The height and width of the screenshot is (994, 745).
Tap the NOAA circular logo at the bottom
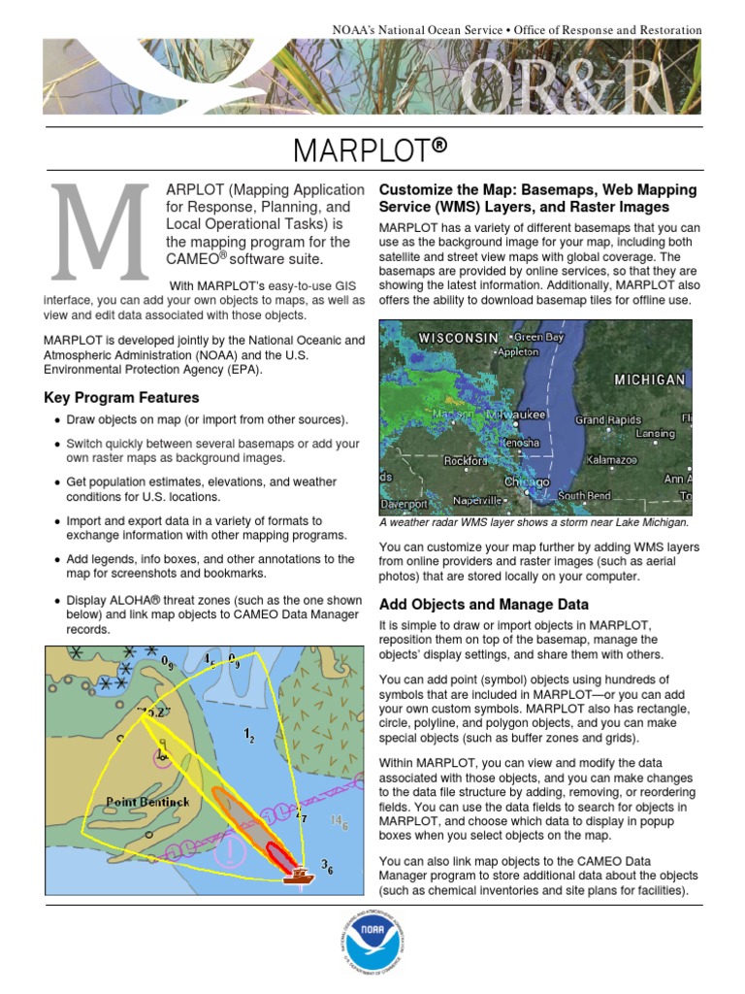[x=372, y=940]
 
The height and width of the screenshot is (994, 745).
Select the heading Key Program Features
[x=122, y=397]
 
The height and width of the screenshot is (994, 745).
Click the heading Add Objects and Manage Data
[x=483, y=604]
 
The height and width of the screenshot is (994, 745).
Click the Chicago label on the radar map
[x=527, y=481]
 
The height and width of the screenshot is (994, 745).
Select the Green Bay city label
[x=538, y=337]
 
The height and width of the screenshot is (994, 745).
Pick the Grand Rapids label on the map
[x=608, y=420]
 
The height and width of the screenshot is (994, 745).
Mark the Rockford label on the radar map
[x=466, y=461]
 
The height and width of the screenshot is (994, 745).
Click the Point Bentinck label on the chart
[x=147, y=802]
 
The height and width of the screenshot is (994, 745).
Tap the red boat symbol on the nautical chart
[x=300, y=874]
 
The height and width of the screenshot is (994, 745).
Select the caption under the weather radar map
[x=534, y=521]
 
